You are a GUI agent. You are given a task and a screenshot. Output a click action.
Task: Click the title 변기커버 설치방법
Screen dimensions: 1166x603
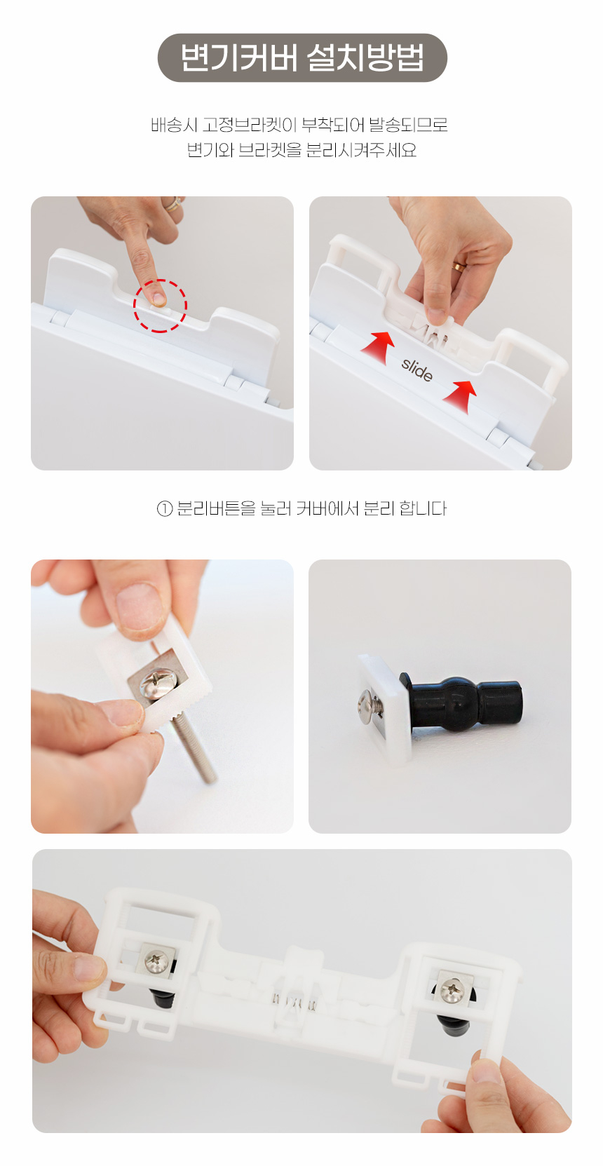click(302, 57)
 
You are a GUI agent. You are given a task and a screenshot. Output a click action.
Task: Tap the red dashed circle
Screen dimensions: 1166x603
click(161, 306)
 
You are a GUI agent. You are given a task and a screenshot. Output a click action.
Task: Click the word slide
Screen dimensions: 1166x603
click(417, 369)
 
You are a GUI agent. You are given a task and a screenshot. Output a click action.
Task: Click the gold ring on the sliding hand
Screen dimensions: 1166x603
click(459, 266)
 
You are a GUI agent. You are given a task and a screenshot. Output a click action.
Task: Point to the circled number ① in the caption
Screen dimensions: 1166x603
click(164, 508)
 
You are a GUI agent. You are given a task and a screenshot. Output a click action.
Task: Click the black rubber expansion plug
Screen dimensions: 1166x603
click(463, 701)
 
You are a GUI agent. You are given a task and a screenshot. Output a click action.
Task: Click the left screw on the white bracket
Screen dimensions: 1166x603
click(157, 961)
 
